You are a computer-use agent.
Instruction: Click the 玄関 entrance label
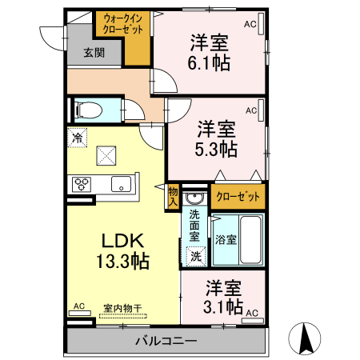pyautogui.click(x=94, y=54)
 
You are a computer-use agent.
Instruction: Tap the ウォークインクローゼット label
pyautogui.click(x=123, y=24)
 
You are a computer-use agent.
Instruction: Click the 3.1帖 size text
pyautogui.click(x=223, y=306)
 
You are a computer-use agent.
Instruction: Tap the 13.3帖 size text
pyautogui.click(x=121, y=261)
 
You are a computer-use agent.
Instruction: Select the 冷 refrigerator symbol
pyautogui.click(x=78, y=138)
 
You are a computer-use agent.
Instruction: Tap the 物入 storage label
pyautogui.click(x=172, y=196)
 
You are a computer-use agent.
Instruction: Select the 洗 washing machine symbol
pyautogui.click(x=194, y=256)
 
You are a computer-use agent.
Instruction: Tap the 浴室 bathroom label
pyautogui.click(x=225, y=240)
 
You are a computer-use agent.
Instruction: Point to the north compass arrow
pyautogui.click(x=306, y=338)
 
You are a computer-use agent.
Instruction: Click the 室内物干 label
pyautogui.click(x=122, y=306)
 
